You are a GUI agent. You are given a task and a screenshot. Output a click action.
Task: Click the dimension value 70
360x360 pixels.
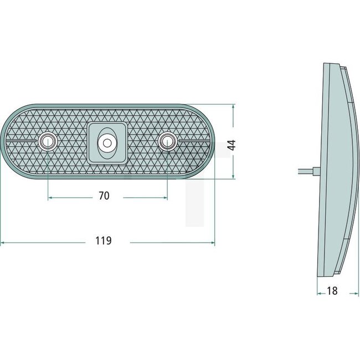[104, 196]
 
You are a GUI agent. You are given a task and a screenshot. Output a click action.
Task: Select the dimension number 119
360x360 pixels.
[104, 241]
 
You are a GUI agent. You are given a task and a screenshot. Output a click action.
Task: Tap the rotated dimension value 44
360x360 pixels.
[233, 146]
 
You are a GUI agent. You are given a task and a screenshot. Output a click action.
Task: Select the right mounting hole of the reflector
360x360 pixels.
[166, 142]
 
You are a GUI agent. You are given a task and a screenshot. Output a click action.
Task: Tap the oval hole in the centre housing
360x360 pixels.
[106, 143]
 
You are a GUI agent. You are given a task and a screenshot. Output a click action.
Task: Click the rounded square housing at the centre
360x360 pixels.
[106, 143]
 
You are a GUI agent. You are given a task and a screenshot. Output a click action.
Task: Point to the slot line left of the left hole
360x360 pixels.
[24, 142]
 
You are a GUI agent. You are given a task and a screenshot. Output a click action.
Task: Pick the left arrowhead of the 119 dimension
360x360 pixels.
[3, 243]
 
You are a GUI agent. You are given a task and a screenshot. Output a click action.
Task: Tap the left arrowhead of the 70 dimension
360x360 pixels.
[50, 197]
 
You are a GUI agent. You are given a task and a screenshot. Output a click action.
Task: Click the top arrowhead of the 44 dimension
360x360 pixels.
[233, 106]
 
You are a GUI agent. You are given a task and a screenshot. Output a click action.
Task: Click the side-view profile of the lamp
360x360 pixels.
[335, 172]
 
